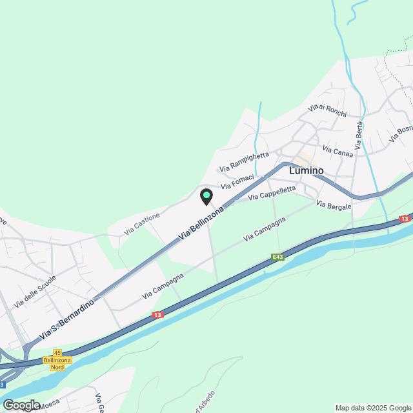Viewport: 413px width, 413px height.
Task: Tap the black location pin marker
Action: pyautogui.click(x=206, y=196)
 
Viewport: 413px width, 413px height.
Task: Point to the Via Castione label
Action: pyautogui.click(x=142, y=224)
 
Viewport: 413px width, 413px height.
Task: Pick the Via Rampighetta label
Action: pyautogui.click(x=244, y=161)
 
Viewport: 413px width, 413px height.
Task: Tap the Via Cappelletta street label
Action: pyautogui.click(x=272, y=192)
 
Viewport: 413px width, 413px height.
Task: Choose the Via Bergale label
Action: pyautogui.click(x=334, y=205)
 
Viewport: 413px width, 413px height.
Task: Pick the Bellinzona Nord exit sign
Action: pyautogui.click(x=57, y=363)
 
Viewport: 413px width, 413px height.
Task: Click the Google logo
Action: pyautogui.click(x=21, y=405)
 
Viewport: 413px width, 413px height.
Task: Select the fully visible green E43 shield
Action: pyautogui.click(x=277, y=257)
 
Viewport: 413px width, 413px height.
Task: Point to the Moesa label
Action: pyautogui.click(x=48, y=405)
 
